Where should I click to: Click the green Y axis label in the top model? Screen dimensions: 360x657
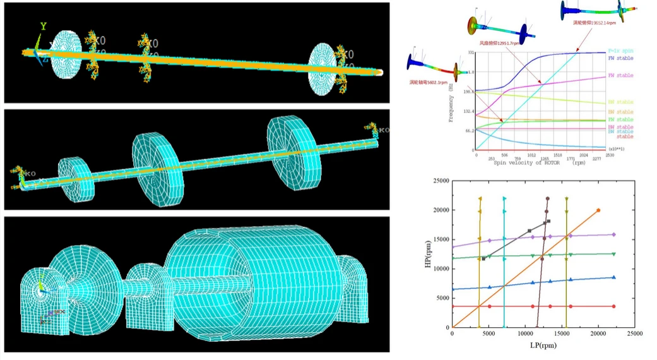(44, 27)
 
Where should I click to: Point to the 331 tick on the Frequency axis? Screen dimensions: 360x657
(471, 53)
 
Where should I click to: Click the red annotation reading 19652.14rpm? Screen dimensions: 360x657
(593, 23)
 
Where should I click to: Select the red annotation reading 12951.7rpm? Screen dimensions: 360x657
(499, 44)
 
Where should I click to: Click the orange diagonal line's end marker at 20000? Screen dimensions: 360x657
(598, 210)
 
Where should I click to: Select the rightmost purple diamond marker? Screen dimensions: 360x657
(613, 235)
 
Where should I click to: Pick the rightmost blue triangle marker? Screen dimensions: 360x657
(613, 277)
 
